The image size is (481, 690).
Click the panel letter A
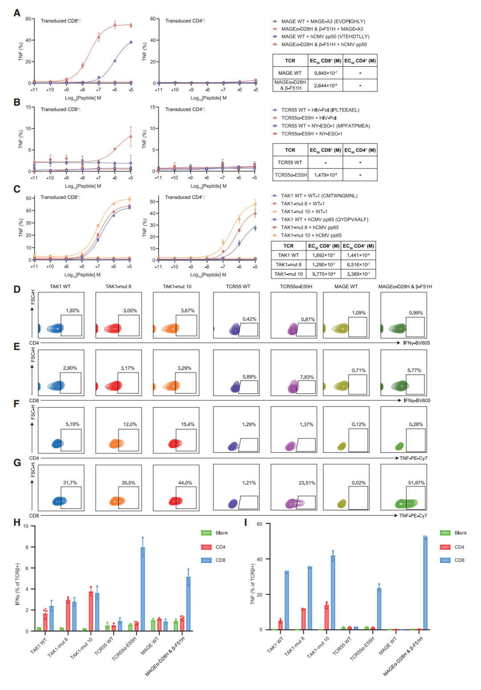pyautogui.click(x=17, y=13)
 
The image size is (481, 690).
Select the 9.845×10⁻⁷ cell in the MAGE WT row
pyautogui.click(x=325, y=73)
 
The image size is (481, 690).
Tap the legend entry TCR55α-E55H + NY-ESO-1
pyautogui.click(x=311, y=134)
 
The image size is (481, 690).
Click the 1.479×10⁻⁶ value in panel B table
pyautogui.click(x=325, y=175)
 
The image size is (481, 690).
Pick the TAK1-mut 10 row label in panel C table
pyautogui.click(x=288, y=274)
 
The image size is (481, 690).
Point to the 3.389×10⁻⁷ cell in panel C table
pyautogui.click(x=358, y=274)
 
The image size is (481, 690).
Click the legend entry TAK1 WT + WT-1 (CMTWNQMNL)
pyautogui.click(x=319, y=196)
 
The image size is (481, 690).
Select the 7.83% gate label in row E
pyautogui.click(x=307, y=377)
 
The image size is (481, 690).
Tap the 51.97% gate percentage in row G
pyautogui.click(x=416, y=482)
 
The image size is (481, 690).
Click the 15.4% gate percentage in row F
pyautogui.click(x=188, y=424)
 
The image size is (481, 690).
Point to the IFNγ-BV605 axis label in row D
pyautogui.click(x=416, y=343)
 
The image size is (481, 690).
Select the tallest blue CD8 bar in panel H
pyautogui.click(x=143, y=589)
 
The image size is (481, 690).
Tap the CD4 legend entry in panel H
pyautogui.click(x=220, y=547)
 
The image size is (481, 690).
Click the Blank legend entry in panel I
pyautogui.click(x=460, y=533)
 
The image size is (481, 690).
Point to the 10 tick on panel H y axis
pyautogui.click(x=26, y=526)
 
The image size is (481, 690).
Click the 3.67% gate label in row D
pyautogui.click(x=188, y=310)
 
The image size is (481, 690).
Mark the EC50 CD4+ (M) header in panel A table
pyautogui.click(x=360, y=61)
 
